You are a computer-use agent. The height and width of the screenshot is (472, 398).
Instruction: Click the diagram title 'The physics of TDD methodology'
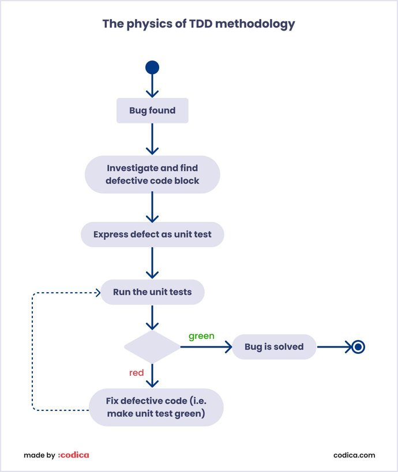coord(198,24)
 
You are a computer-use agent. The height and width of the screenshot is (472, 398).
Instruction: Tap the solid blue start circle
coord(152,68)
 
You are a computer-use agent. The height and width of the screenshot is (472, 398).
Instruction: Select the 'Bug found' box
coord(152,110)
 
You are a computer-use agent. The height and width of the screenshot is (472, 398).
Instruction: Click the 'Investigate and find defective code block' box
coord(152,174)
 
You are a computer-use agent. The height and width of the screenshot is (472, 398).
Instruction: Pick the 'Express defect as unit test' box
coord(152,235)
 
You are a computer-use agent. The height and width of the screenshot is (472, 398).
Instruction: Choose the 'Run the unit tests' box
coord(152,292)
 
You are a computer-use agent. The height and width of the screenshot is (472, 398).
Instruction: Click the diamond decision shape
coord(152,347)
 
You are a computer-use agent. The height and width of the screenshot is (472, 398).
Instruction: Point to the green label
coord(201,335)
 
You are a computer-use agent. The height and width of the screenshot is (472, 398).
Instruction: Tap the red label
coord(136,373)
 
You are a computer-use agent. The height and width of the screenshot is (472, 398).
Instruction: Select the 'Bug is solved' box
coord(273,347)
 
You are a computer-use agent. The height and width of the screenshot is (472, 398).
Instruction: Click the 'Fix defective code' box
coord(156,407)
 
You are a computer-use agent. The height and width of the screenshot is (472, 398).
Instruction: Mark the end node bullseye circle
coord(358,347)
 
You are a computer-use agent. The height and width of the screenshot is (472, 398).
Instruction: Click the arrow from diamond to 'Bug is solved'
coord(205,347)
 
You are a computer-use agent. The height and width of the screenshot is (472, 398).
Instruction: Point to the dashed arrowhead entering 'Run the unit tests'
coord(97,292)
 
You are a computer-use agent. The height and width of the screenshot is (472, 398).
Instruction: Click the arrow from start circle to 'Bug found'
coord(152,86)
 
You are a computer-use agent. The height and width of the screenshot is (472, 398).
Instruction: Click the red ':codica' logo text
coord(73,455)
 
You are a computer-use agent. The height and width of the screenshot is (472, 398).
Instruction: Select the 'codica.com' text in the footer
coord(354,455)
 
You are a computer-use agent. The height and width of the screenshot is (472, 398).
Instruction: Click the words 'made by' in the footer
coord(39,455)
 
